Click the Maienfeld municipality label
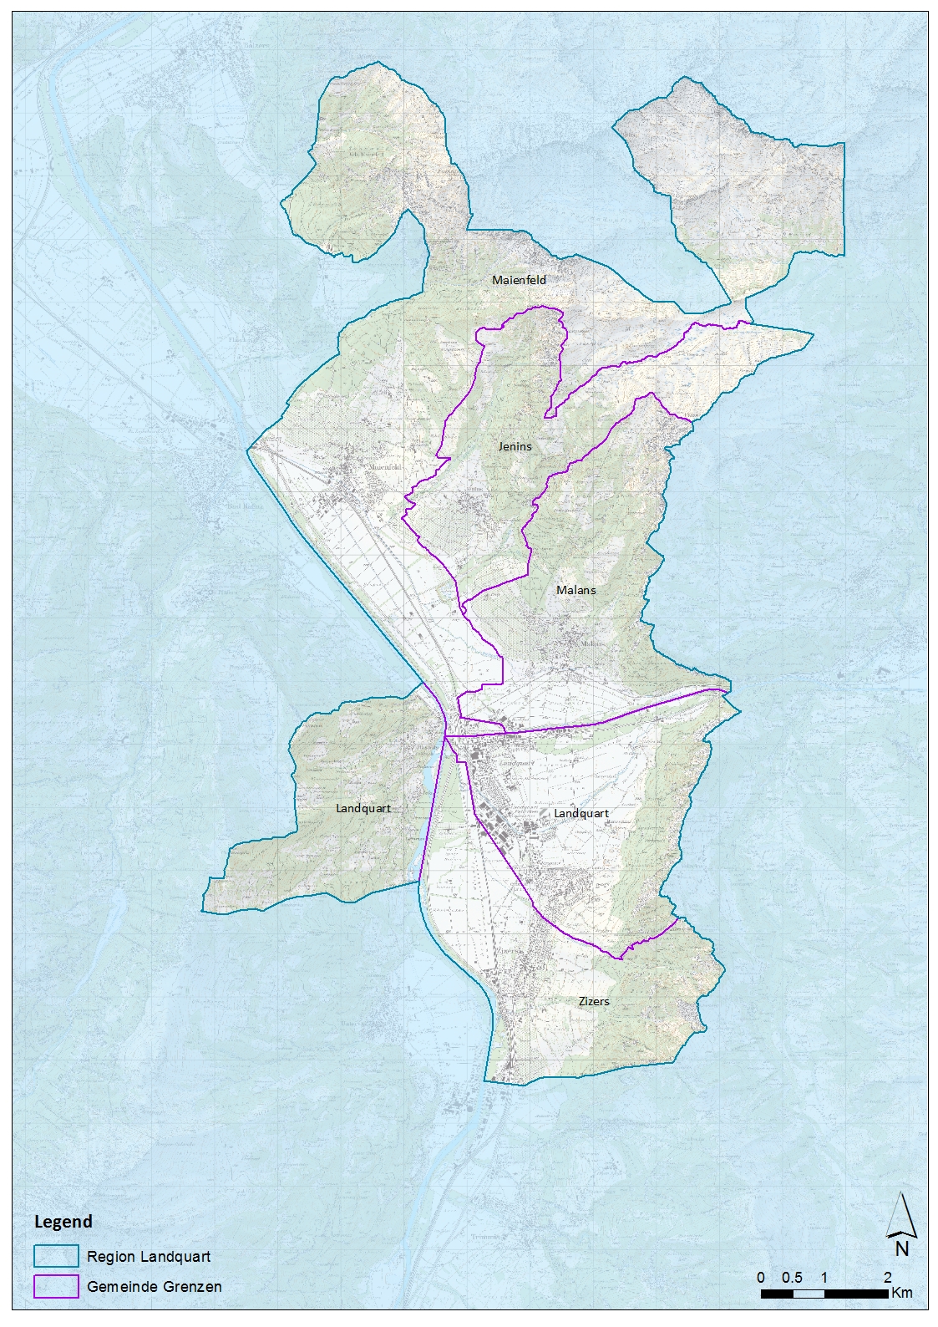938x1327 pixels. pyautogui.click(x=519, y=280)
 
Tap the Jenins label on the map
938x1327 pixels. pyautogui.click(x=515, y=446)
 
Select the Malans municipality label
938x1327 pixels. pyautogui.click(x=576, y=590)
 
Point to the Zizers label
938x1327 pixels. pyautogui.click(x=594, y=1001)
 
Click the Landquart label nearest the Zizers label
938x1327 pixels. pyautogui.click(x=581, y=813)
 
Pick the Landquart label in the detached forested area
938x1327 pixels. pyautogui.click(x=363, y=808)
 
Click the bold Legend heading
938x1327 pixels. pyautogui.click(x=63, y=1222)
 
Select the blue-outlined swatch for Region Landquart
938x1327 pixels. pyautogui.click(x=56, y=1256)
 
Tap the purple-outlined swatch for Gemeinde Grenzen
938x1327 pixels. pyautogui.click(x=56, y=1286)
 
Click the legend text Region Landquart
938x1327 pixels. pyautogui.click(x=149, y=1257)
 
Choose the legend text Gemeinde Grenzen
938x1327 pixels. pyautogui.click(x=155, y=1287)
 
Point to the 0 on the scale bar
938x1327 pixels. pyautogui.click(x=761, y=1278)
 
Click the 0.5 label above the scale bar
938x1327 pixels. pyautogui.click(x=793, y=1278)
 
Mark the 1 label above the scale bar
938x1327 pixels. pyautogui.click(x=824, y=1278)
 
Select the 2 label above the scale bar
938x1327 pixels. pyautogui.click(x=888, y=1278)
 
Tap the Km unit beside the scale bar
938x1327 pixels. pyautogui.click(x=902, y=1293)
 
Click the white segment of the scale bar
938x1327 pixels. pyautogui.click(x=809, y=1294)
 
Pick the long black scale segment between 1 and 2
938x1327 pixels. pyautogui.click(x=856, y=1294)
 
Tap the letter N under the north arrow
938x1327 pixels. pyautogui.click(x=902, y=1250)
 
